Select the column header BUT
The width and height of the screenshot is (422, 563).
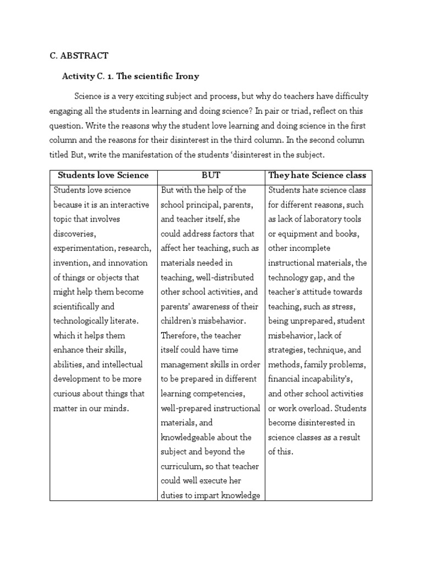(210, 175)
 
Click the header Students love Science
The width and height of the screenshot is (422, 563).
(103, 175)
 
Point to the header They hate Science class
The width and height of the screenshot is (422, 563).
(317, 175)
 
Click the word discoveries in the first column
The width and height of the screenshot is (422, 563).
(74, 234)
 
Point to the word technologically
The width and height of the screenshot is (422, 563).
(82, 321)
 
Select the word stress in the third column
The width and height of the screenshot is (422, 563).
(345, 306)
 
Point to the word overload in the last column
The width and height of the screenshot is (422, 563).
(314, 408)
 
